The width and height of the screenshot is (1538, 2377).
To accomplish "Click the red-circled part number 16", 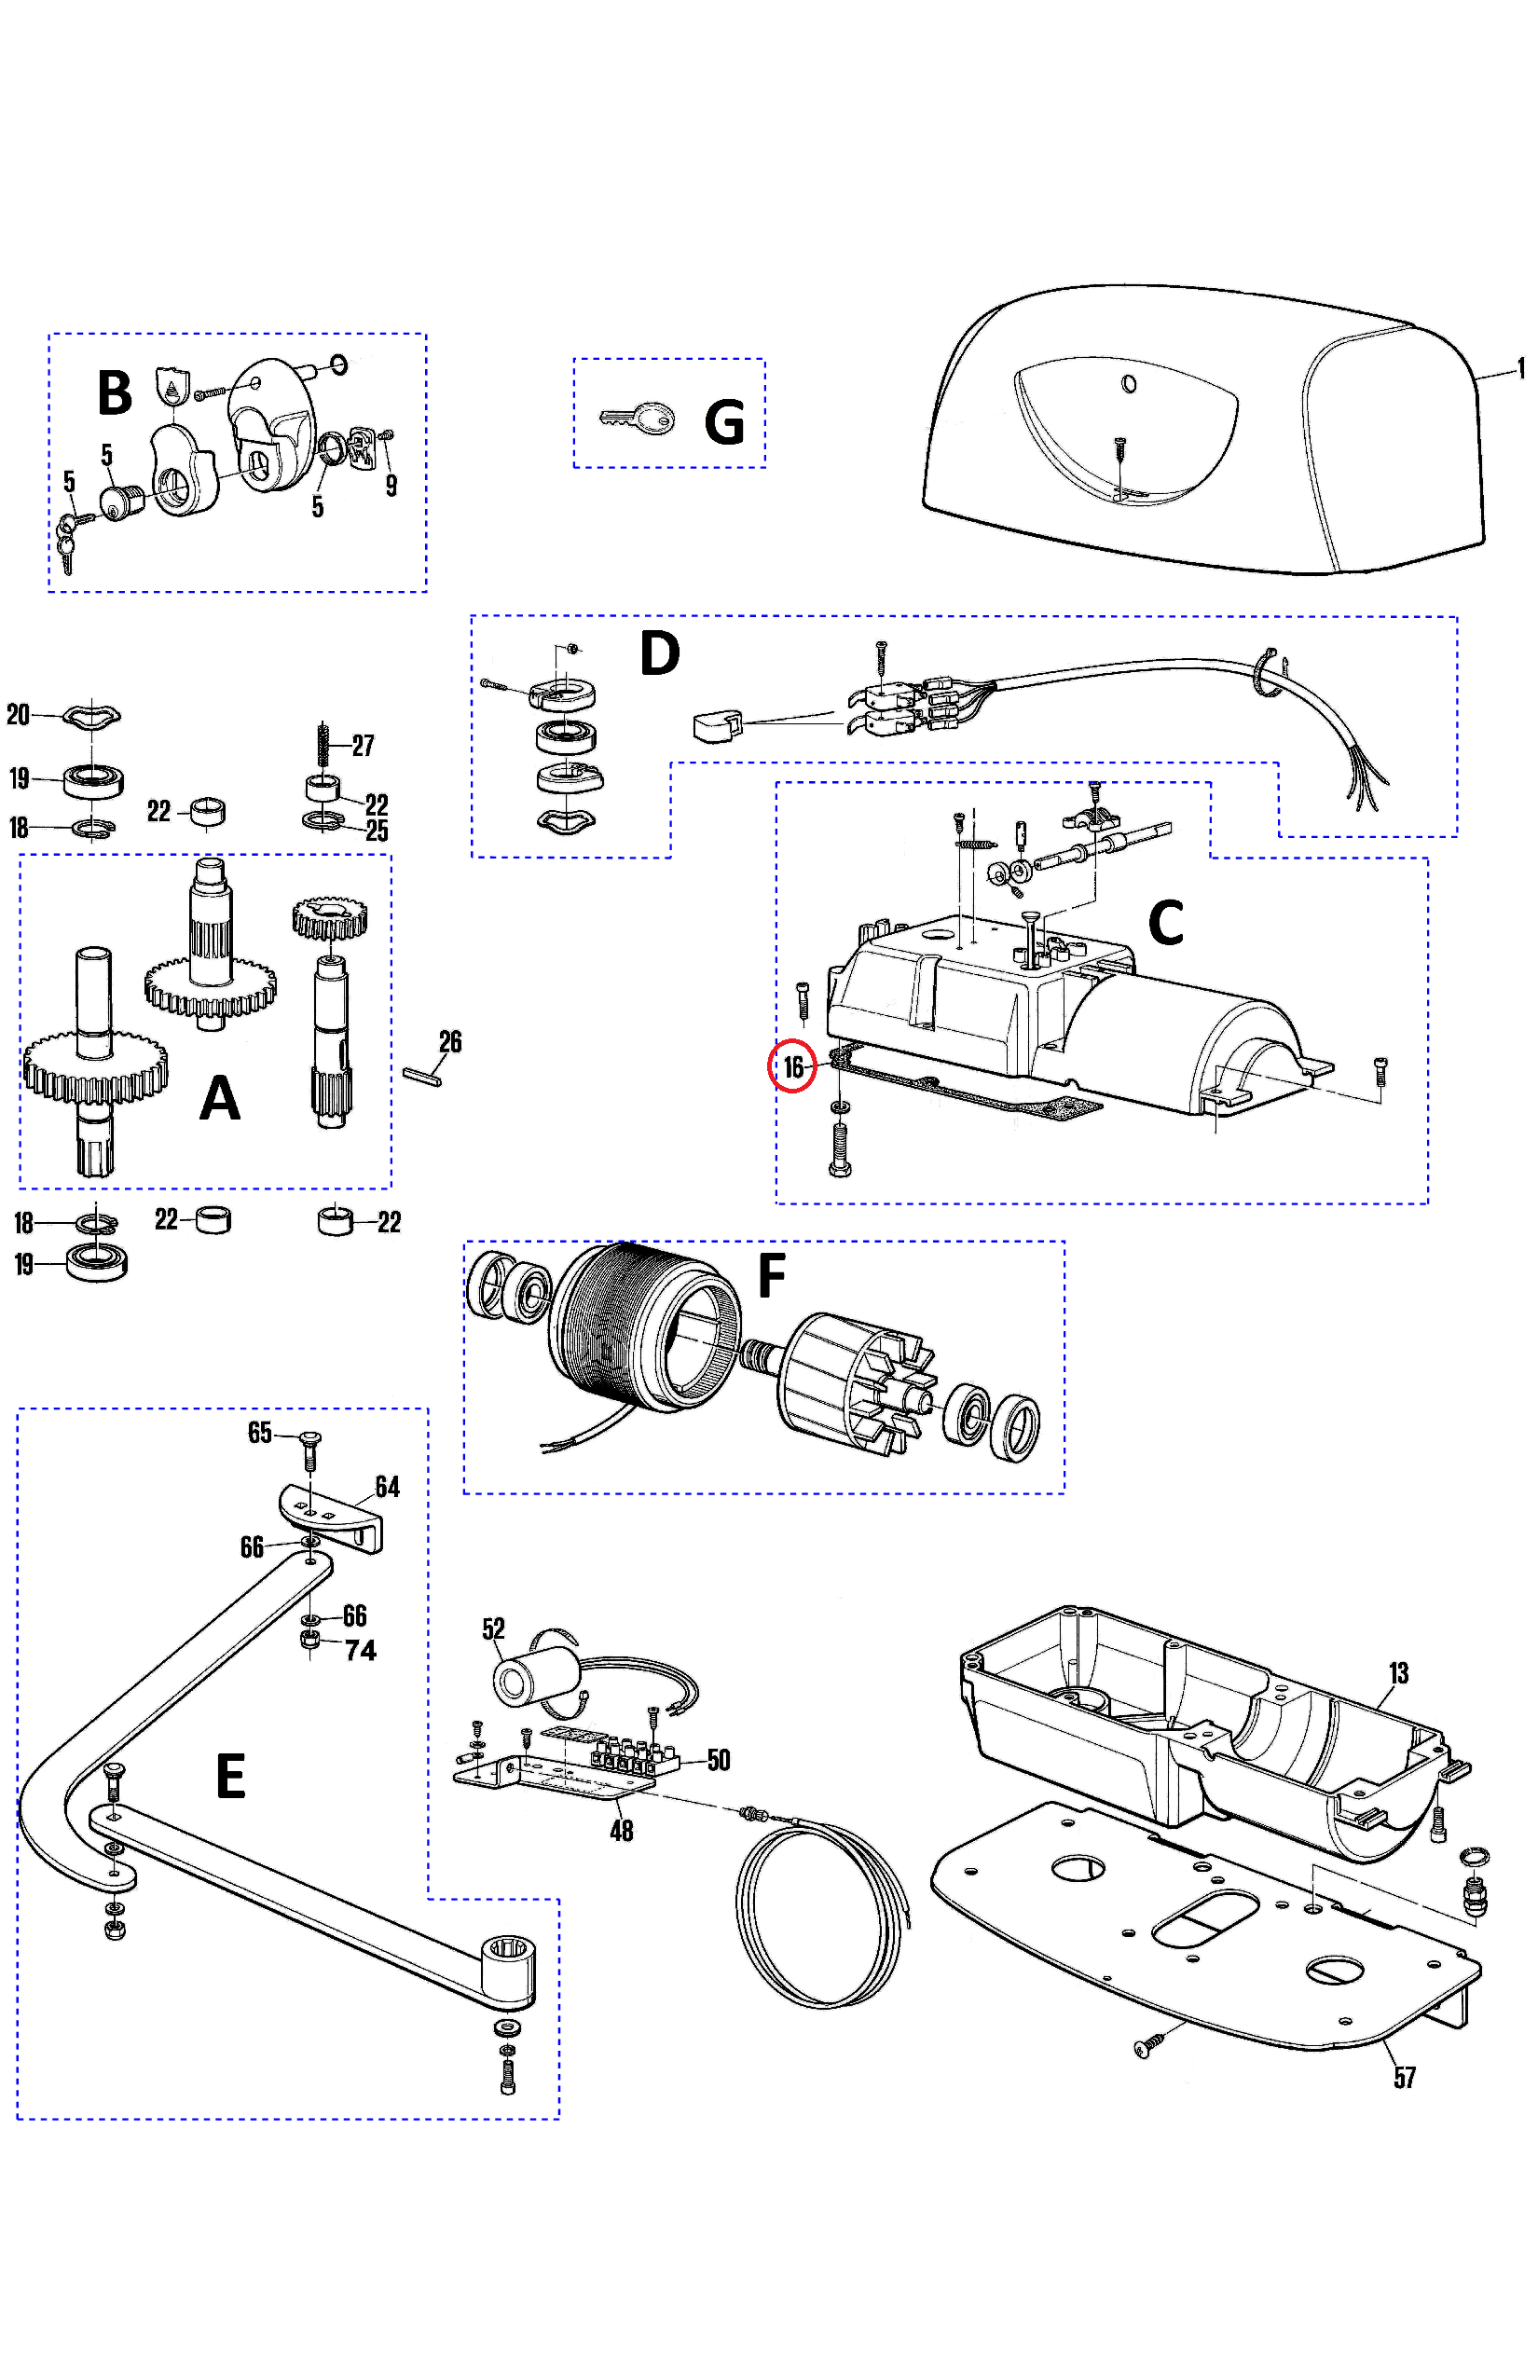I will point(793,1067).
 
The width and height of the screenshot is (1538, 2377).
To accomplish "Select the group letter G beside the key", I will point(724,422).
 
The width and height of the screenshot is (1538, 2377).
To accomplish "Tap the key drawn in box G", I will point(638,419).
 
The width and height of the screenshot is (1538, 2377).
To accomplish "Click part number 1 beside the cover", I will point(1521,368).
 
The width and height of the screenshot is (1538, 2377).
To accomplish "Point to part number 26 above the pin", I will point(450,1042).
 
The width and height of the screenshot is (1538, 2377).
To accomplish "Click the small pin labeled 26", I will point(422,1077).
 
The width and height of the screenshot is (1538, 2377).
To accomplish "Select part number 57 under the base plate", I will point(1404,2079).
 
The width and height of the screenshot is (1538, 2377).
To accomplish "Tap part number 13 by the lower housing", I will point(1397,1673).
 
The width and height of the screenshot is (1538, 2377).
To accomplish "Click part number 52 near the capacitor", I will point(493,1629).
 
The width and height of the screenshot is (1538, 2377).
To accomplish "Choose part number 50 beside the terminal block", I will point(718,1760).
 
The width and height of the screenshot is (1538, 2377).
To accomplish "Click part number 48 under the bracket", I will point(621,1831).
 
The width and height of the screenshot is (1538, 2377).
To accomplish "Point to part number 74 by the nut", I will point(361,1650).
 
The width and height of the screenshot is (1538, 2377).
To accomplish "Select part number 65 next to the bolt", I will point(260,1434).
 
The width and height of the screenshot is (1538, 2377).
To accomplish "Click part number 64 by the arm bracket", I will point(388,1487).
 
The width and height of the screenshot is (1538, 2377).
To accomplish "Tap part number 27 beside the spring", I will point(364,745).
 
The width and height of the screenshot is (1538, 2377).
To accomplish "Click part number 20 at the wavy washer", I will point(18,714).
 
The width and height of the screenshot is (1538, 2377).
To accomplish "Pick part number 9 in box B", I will point(391,486).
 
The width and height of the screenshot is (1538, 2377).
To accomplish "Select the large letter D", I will point(659,653).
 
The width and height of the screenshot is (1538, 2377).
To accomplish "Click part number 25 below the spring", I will point(377,831).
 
